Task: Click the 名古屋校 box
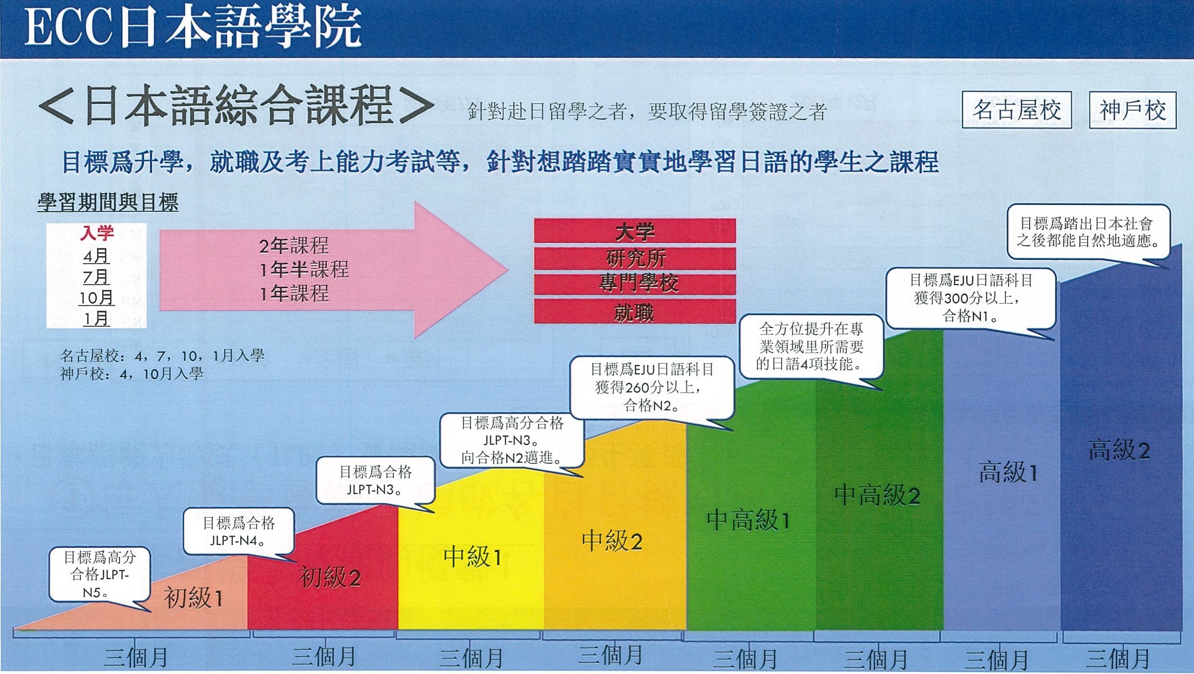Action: click(1017, 110)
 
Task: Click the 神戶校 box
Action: click(1132, 110)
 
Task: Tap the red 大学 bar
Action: click(635, 231)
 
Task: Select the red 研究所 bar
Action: click(635, 258)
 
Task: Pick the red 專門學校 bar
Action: click(635, 284)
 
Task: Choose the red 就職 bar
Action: click(635, 311)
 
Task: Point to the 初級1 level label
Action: click(193, 598)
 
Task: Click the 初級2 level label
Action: click(330, 578)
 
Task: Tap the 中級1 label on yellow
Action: click(472, 556)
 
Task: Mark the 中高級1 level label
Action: click(748, 520)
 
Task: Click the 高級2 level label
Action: click(1119, 451)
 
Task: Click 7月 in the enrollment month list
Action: click(96, 277)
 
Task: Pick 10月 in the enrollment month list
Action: click(96, 298)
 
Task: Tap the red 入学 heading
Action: click(97, 233)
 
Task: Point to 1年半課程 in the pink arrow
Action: click(304, 270)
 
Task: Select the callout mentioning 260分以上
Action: click(652, 387)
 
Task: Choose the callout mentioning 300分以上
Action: click(971, 298)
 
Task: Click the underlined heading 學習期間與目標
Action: click(108, 202)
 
